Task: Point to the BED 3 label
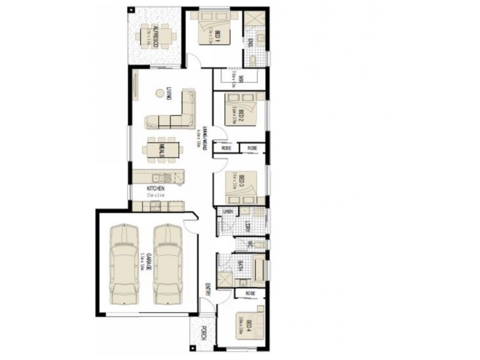[x=241, y=181]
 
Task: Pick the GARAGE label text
[x=142, y=262]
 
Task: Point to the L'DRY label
[x=247, y=226]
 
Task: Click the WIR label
[x=239, y=78]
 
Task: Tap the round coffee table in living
[x=160, y=93]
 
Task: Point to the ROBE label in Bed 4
[x=250, y=293]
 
